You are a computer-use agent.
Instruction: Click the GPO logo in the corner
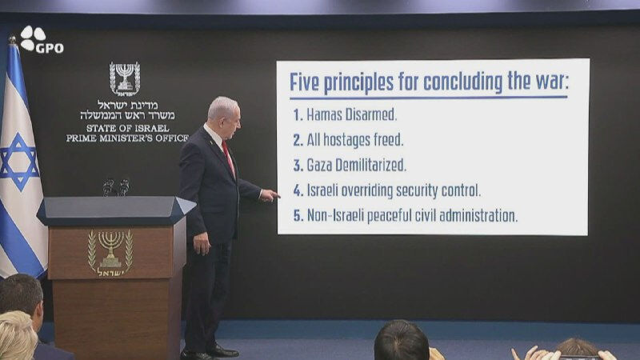[x=41, y=41]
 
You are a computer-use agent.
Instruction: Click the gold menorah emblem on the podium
[x=110, y=252]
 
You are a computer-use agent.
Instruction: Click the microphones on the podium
[x=115, y=186]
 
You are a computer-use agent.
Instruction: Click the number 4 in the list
[x=298, y=191]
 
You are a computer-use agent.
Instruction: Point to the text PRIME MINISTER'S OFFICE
[x=126, y=138]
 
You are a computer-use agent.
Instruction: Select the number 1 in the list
[x=298, y=114]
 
